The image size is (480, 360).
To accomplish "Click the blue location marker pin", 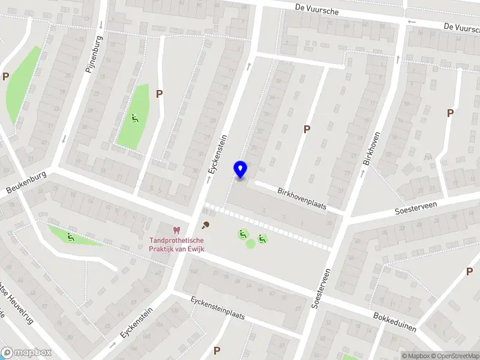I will click(x=241, y=169).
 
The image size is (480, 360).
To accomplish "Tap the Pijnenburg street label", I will click(x=94, y=53).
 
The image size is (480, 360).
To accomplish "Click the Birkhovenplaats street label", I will click(x=302, y=197).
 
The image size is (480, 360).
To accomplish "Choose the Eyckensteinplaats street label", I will click(x=218, y=307).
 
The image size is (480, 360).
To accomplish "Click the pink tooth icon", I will click(x=176, y=230).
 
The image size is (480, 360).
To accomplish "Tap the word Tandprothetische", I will click(x=176, y=241).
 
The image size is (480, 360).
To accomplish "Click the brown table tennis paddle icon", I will click(x=206, y=225).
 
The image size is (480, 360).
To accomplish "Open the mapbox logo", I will click(x=24, y=353).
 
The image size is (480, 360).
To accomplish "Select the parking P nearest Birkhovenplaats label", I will click(x=307, y=129).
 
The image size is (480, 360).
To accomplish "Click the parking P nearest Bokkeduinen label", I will click(x=469, y=271).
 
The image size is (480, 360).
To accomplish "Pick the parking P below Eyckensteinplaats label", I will click(x=217, y=350).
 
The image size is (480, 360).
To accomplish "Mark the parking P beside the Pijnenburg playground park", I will click(x=159, y=94).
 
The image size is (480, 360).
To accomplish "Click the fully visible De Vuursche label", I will click(x=317, y=10).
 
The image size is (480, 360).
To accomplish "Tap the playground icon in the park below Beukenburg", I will click(x=71, y=237).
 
